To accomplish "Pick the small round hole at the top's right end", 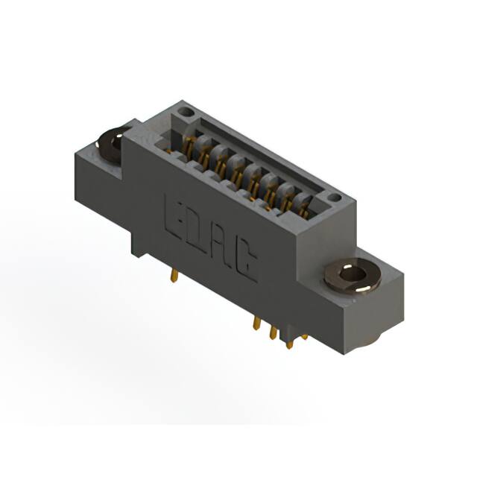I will point(334,198).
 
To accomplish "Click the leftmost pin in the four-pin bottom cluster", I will point(257,325).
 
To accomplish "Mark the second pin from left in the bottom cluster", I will point(272,331).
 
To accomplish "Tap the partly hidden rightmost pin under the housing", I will point(303,336).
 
